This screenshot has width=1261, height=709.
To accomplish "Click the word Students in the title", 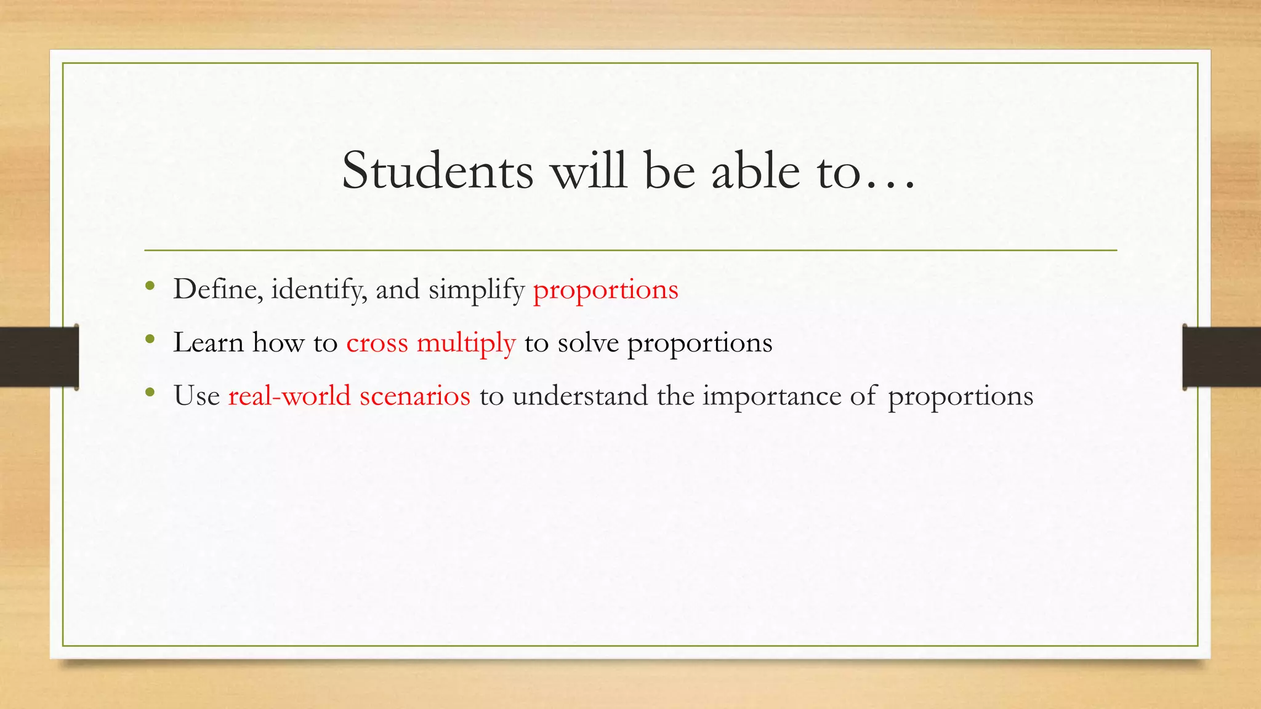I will pyautogui.click(x=437, y=171).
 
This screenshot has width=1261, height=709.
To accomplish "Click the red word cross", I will pyautogui.click(x=377, y=343).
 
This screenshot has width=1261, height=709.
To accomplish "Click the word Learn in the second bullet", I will pyautogui.click(x=208, y=342).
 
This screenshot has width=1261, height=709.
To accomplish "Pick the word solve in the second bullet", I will pyautogui.click(x=588, y=343).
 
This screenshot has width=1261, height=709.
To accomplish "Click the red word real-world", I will pyautogui.click(x=289, y=396).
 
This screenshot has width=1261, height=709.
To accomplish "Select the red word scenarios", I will pyautogui.click(x=415, y=396).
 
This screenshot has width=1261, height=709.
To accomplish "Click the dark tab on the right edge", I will pyautogui.click(x=1222, y=357).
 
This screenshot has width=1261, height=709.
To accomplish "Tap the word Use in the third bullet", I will pyautogui.click(x=196, y=396).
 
